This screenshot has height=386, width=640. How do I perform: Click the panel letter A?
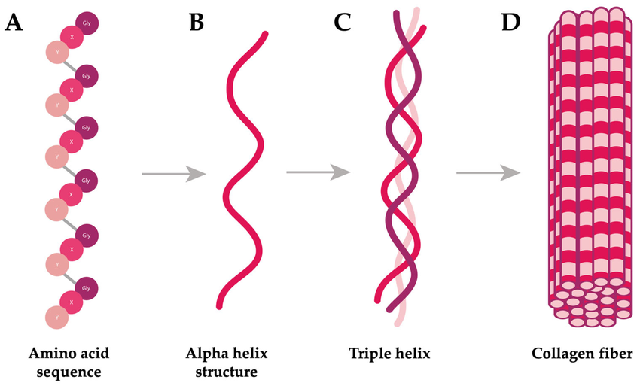[x=13, y=23]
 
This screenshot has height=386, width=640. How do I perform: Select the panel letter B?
[x=197, y=23]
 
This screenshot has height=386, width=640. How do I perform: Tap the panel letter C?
[x=343, y=23]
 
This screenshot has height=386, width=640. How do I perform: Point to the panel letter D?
[x=511, y=23]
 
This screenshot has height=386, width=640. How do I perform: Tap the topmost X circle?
[x=72, y=37]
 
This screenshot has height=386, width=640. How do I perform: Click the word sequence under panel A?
[x=66, y=371]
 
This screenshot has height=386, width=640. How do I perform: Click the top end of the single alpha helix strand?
[x=264, y=34]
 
